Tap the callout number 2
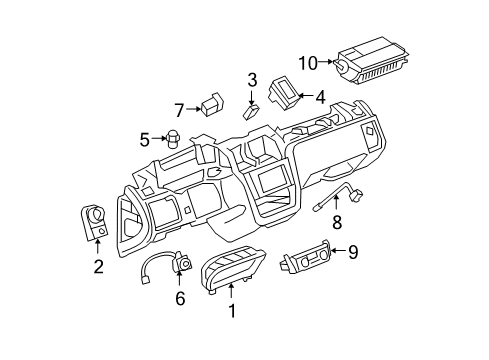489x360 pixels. pos(98,265)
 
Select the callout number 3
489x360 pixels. pos(253,80)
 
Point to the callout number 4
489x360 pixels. pos(319,97)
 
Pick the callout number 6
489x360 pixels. pos(180,297)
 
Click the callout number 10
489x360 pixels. pos(307,63)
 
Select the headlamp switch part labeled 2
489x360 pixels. pos(95,221)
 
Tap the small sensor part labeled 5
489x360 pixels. pos(173,139)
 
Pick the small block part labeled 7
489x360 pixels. pos(210,105)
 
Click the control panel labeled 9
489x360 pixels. pos(303,262)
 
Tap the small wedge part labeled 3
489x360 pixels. pos(252,111)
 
